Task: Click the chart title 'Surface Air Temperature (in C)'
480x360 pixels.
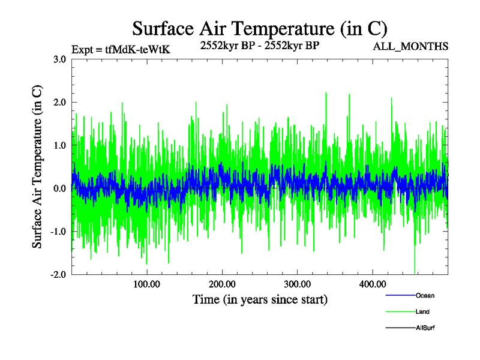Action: [x=260, y=28]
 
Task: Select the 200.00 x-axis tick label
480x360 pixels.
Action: [x=222, y=284]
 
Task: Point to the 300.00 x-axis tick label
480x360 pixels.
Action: [x=297, y=284]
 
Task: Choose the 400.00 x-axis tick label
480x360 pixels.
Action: [x=372, y=284]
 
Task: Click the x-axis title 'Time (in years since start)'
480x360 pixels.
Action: [x=260, y=299]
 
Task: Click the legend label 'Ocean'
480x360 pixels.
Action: [x=425, y=295]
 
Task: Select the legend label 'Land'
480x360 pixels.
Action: [x=422, y=312]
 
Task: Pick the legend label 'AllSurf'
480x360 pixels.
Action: [x=425, y=328]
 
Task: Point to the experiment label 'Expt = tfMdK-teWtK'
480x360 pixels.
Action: [x=121, y=49]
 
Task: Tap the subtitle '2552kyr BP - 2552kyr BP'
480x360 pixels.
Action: [x=259, y=44]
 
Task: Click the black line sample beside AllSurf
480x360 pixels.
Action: [x=400, y=328]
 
